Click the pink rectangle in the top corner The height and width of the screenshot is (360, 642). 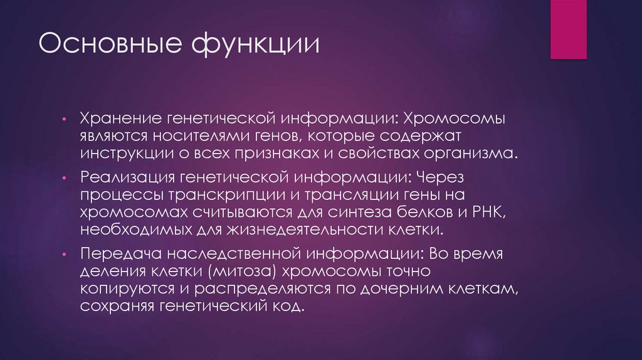[568, 29]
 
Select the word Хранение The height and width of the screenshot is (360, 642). [130, 119]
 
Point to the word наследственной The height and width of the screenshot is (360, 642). [228, 255]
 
